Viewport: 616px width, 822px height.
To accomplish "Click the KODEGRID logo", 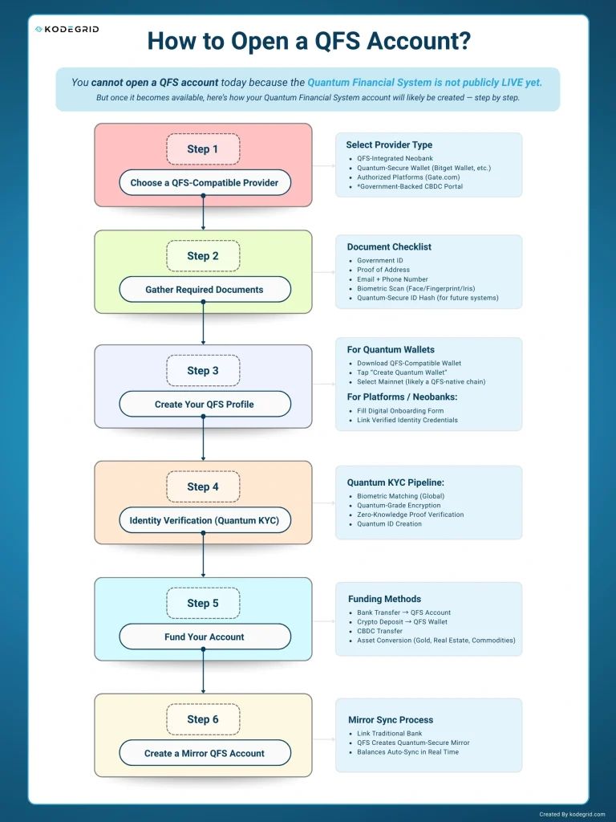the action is point(67,30).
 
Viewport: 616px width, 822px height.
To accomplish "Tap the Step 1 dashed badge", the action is point(203,149).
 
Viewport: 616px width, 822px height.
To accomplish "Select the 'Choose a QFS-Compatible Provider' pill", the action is point(205,182).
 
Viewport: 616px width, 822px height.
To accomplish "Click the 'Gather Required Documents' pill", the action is point(205,289).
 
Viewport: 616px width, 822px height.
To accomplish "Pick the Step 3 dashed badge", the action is point(203,371).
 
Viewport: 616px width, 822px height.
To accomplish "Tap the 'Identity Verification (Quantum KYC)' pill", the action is point(205,520).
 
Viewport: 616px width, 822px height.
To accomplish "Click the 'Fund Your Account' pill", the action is point(205,637).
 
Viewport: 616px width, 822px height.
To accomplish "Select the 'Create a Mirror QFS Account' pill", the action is point(205,753).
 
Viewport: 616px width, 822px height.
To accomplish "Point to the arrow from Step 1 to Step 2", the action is point(203,213).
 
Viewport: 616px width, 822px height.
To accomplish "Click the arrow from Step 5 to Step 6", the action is point(203,671).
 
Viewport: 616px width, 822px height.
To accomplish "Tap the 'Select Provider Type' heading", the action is point(389,144).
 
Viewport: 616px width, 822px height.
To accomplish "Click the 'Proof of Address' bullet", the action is point(383,270).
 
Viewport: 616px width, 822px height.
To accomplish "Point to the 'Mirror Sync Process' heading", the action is point(391,720).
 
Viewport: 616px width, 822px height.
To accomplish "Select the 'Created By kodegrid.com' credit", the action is point(572,814).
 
